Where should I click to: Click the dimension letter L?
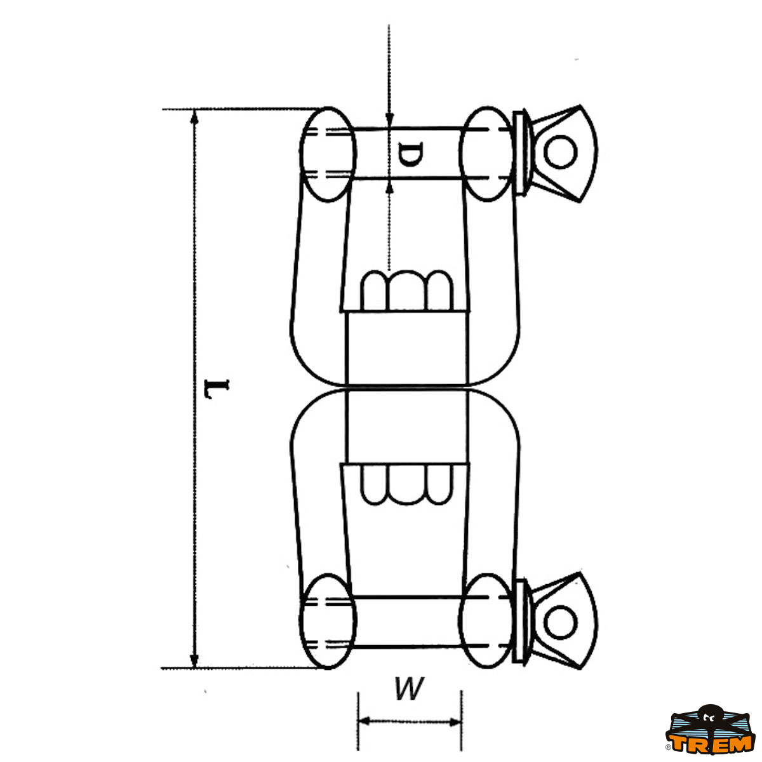point(217,389)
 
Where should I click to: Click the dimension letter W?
point(409,689)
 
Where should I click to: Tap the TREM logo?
point(710,733)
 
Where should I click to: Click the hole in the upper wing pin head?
point(560,152)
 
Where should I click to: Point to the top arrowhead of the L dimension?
point(194,117)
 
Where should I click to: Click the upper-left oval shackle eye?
point(328,154)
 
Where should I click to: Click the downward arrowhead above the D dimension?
point(389,120)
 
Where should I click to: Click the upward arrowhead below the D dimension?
point(389,187)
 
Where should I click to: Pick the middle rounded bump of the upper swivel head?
point(407,290)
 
